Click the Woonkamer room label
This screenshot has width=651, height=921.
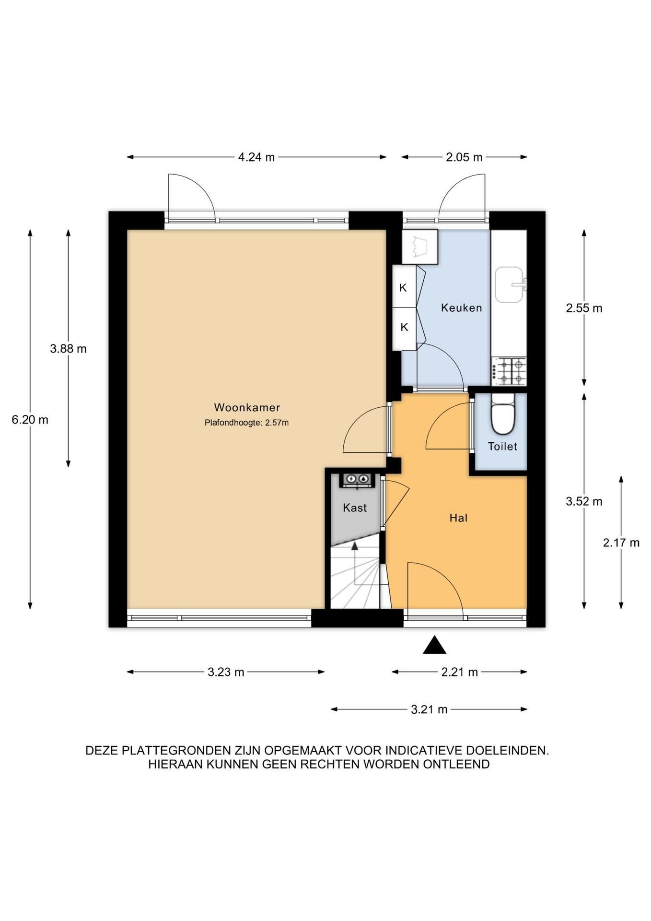point(247,407)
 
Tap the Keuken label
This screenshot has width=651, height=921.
point(461,307)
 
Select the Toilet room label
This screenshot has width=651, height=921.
point(502,446)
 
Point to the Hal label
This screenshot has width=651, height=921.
point(458,518)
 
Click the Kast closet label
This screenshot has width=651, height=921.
point(355,508)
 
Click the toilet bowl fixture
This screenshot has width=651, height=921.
point(502,414)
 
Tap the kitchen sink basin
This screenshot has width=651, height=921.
point(509,285)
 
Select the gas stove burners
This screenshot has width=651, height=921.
point(511,371)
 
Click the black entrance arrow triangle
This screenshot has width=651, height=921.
point(434,645)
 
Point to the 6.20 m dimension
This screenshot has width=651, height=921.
point(30,420)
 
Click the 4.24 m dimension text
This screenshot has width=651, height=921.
point(256,157)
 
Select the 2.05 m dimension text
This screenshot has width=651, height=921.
point(464,157)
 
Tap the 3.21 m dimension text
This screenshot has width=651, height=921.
point(429,709)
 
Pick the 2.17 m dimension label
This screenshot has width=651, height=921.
point(621,543)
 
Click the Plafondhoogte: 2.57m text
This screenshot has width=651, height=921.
point(246,423)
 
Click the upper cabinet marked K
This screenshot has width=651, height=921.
point(404,288)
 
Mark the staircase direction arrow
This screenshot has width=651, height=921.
point(355,564)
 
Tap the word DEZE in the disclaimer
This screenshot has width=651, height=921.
point(102,750)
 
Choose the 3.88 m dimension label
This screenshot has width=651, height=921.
point(68,349)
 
